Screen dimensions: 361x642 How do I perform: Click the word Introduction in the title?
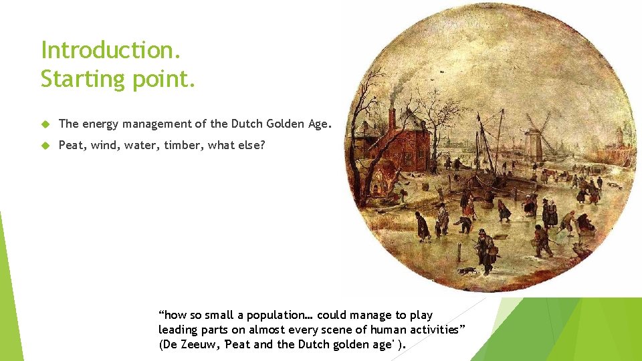pos(110,50)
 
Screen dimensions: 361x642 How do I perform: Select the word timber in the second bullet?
pos(185,144)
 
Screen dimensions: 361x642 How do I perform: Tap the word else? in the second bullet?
pos(249,144)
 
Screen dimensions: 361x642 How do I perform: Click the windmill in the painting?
pos(535,137)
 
